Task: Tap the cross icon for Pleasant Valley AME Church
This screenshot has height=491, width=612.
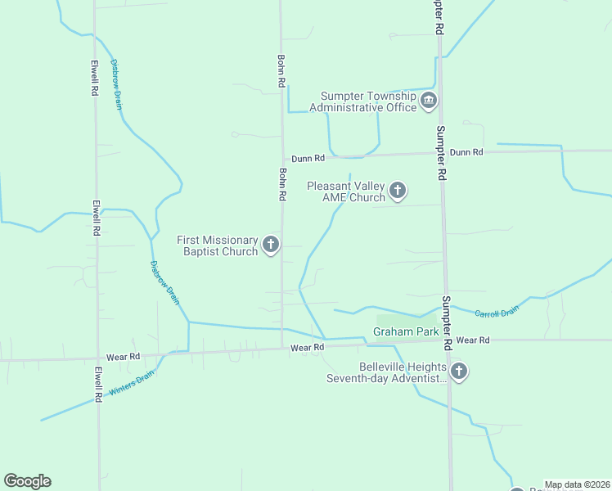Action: pos(398,191)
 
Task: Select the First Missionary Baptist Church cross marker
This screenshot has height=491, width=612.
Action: pos(271,245)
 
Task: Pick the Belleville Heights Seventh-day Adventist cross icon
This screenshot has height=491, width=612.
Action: pos(459,372)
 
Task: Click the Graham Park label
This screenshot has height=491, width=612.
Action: pos(406,331)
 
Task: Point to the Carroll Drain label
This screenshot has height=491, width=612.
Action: pos(497,312)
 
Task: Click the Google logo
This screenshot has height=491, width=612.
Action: pos(28,481)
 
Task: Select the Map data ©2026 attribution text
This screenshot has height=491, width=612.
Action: pos(577,484)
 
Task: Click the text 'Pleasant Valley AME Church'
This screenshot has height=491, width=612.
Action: pos(345,191)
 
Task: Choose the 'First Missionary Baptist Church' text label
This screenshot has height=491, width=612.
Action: pos(218,245)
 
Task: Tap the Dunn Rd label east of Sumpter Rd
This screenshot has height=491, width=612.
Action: pos(466,152)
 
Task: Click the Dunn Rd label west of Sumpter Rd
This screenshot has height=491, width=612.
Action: pos(308,157)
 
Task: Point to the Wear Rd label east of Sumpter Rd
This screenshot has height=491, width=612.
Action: pos(473,340)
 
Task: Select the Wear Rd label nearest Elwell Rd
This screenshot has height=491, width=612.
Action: pos(124,357)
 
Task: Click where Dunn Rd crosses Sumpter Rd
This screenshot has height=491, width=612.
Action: pos(440,153)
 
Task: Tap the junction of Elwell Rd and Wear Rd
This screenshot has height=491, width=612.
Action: pos(98,357)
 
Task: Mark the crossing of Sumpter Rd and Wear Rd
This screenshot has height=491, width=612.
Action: pos(448,340)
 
